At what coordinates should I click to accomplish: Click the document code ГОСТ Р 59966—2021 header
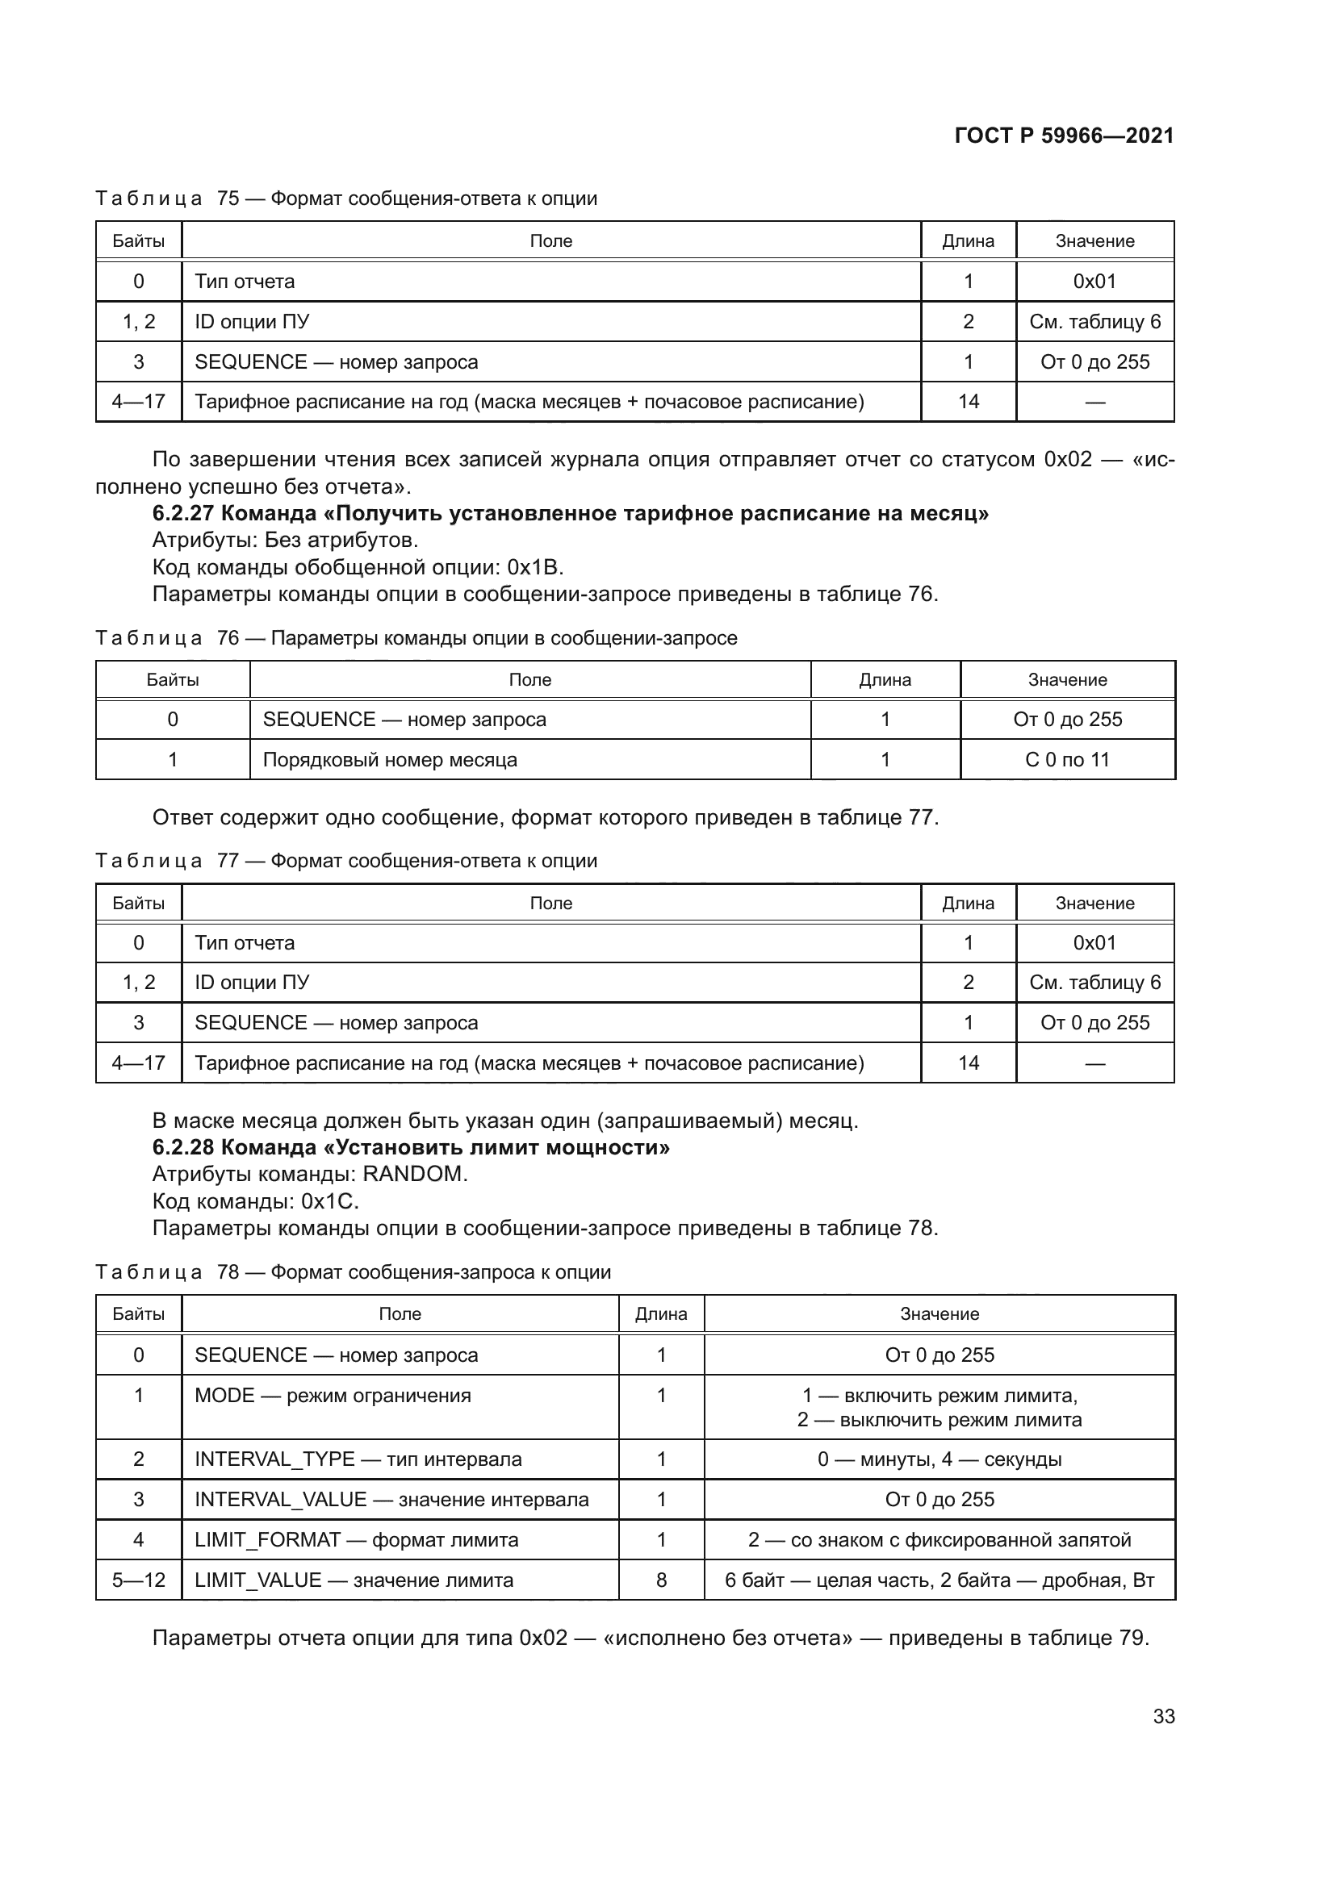1064,136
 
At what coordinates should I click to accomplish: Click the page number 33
1163,1716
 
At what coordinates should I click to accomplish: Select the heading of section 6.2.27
571,514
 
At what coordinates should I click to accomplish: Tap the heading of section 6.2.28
411,1147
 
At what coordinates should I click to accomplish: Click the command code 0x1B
534,567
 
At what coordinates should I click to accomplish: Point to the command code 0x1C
329,1201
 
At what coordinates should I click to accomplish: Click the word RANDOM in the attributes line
414,1175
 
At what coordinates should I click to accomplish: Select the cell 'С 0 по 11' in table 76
1067,759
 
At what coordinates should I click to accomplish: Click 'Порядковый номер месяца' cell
390,759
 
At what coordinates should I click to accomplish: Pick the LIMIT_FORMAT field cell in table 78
356,1540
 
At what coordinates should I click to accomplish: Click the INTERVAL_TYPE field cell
358,1459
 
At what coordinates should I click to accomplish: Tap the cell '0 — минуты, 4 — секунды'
939,1459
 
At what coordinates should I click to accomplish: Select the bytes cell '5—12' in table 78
138,1580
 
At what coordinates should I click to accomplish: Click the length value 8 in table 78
661,1580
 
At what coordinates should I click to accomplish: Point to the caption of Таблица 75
346,198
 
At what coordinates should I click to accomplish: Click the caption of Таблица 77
346,861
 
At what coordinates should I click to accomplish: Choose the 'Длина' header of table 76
885,679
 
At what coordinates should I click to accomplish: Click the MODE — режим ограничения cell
332,1396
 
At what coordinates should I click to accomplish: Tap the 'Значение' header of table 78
939,1313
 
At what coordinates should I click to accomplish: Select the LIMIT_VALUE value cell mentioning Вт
939,1580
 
